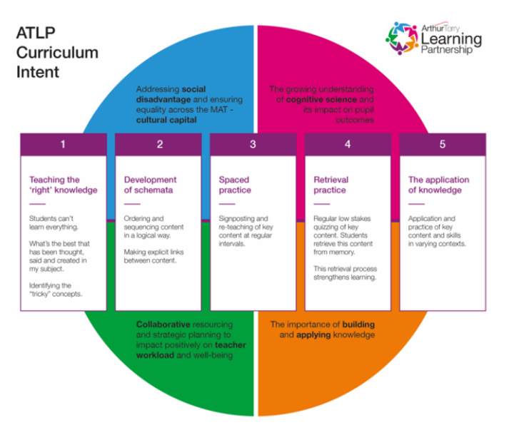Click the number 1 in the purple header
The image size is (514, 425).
[63, 144]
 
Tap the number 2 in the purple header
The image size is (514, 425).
[160, 144]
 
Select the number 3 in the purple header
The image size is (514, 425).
[253, 144]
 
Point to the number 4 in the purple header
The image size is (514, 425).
[348, 144]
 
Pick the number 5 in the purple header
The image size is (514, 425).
[443, 144]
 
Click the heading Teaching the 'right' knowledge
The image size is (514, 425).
[64, 185]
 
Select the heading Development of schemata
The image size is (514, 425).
[150, 185]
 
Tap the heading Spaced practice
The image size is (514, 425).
[235, 185]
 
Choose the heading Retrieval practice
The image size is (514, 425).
[331, 185]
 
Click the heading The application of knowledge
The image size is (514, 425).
[438, 185]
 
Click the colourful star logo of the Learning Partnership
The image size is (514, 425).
[402, 39]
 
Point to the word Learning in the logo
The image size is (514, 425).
[451, 40]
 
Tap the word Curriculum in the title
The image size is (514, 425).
[57, 53]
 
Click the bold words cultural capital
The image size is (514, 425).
[166, 120]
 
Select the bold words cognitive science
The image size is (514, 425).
[321, 100]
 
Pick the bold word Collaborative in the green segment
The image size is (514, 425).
[163, 324]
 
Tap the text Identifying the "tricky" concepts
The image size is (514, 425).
[56, 290]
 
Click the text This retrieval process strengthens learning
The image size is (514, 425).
[346, 273]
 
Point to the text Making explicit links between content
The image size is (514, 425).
[153, 256]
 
